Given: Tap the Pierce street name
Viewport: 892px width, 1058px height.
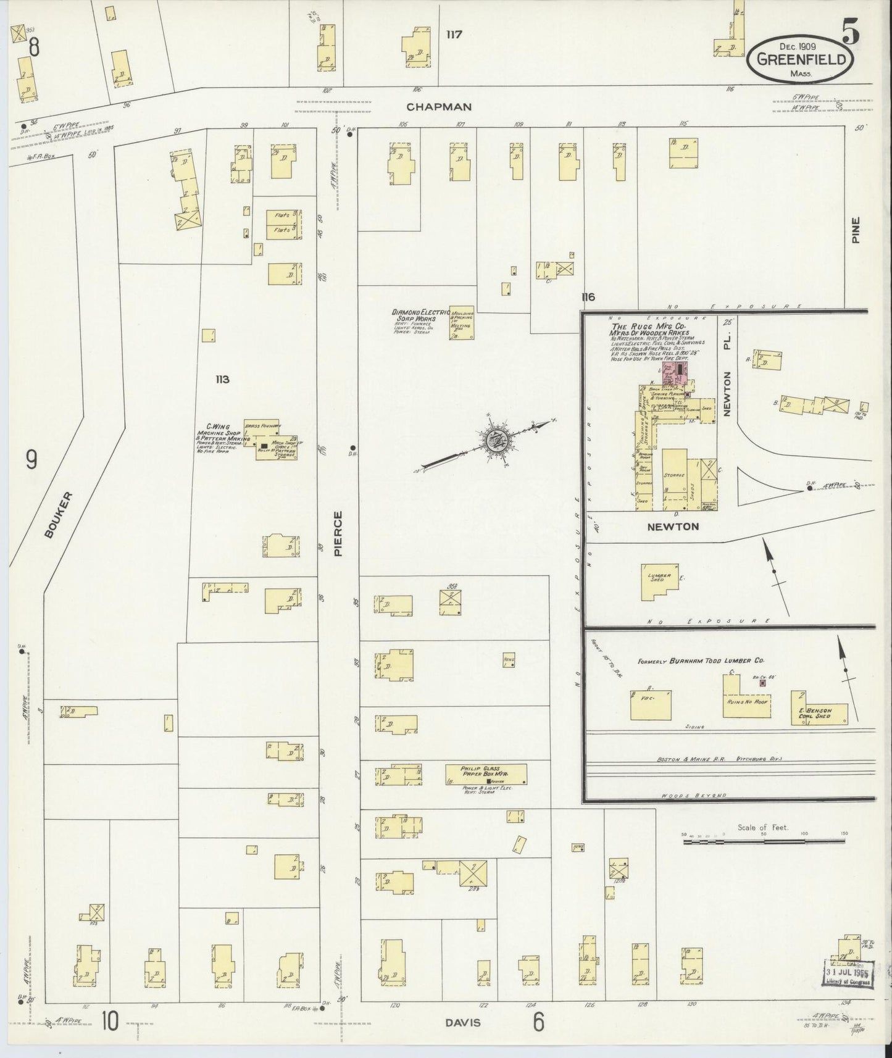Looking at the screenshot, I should pyautogui.click(x=338, y=533).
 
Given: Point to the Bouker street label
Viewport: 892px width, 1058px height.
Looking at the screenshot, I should pyautogui.click(x=59, y=515).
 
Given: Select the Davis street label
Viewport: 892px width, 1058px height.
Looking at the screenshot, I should pyautogui.click(x=463, y=1022).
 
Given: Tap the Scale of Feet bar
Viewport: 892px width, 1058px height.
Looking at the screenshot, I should pyautogui.click(x=764, y=840).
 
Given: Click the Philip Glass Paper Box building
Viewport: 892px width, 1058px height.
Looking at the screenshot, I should pyautogui.click(x=486, y=773).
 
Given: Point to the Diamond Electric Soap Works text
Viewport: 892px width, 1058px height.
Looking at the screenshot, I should pyautogui.click(x=422, y=316).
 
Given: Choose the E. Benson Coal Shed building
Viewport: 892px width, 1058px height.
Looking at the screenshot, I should pyautogui.click(x=819, y=707).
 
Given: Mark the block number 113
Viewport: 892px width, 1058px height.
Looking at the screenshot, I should pyautogui.click(x=222, y=379).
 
